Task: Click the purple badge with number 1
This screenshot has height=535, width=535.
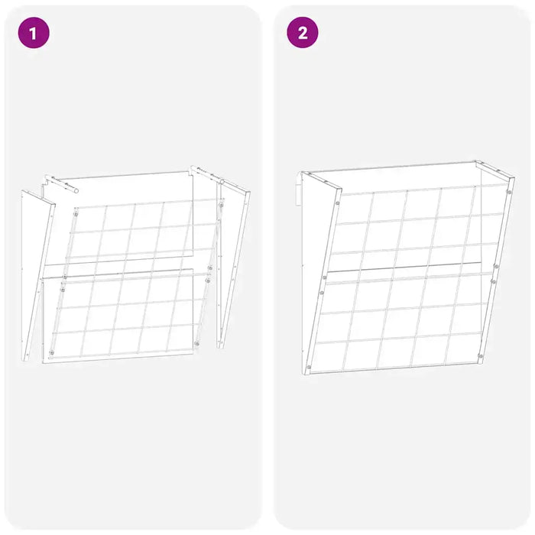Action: coord(33,33)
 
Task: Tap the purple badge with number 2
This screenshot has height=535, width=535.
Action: coord(303,33)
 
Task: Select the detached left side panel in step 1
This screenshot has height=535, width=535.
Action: coord(34,275)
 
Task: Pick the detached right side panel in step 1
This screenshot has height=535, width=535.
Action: coord(234,260)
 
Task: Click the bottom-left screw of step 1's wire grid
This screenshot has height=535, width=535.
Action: coord(51,352)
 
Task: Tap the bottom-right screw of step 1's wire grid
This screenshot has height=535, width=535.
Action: coord(196,343)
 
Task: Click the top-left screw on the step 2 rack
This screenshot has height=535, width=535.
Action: coord(336,203)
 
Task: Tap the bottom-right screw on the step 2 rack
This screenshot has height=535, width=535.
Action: coord(479,356)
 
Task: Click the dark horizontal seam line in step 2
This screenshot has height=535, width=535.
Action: coord(405,267)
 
